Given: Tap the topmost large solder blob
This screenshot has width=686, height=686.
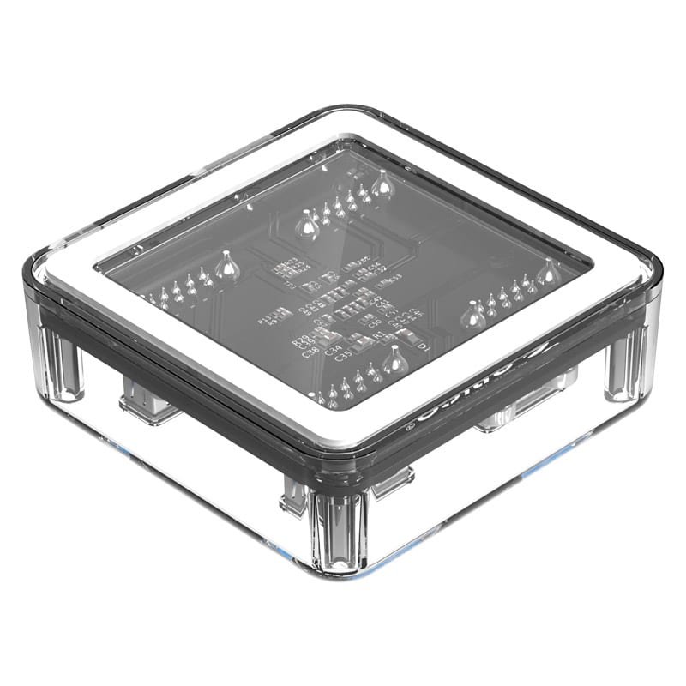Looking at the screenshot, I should point(380,183).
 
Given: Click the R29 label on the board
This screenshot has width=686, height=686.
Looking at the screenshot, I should point(301,340).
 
